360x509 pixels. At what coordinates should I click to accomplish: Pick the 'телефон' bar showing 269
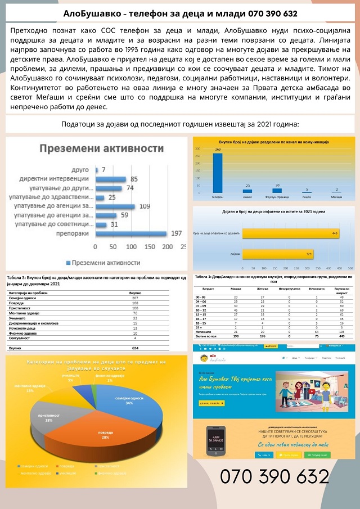(218, 174)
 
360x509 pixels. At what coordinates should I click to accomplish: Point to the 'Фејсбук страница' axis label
(276, 197)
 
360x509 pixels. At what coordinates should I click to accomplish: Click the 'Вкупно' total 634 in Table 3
(135, 348)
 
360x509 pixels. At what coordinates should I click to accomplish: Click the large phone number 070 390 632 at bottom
(274, 477)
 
